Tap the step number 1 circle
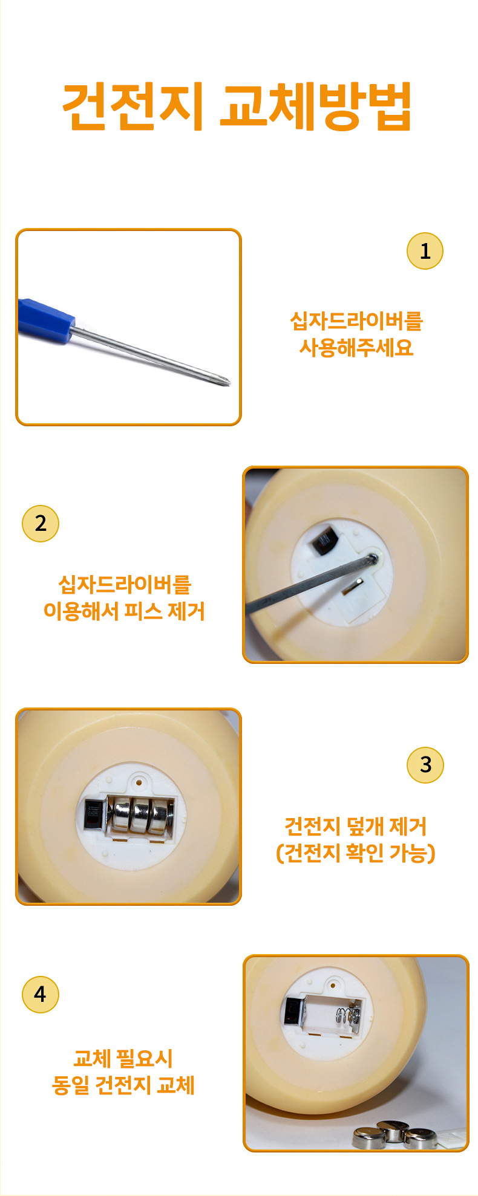coord(425,251)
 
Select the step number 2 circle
coord(41,524)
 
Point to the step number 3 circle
coord(425,765)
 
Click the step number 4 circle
coord(41,995)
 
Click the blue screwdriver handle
coord(46,319)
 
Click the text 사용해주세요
coord(356,348)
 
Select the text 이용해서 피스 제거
coord(124,611)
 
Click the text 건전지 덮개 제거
coord(356,826)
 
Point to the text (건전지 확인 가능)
coord(356,853)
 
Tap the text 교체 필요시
coord(123,1059)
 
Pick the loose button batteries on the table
coord(395,1134)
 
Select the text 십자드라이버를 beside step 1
coord(356,321)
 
